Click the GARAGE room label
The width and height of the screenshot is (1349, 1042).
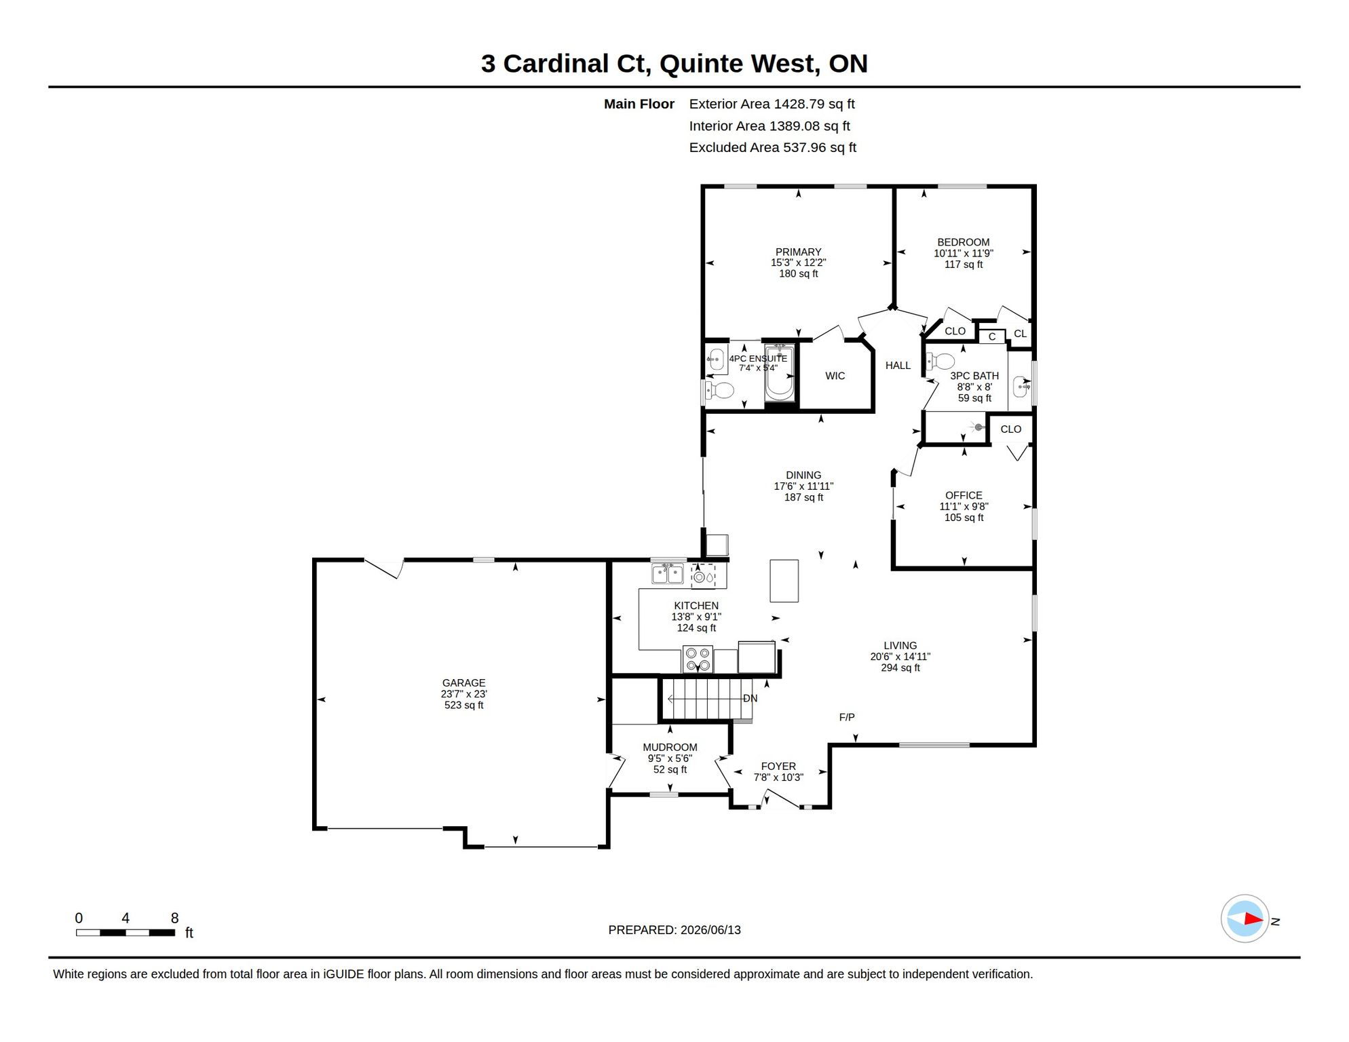point(463,682)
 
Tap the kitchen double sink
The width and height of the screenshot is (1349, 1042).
point(668,574)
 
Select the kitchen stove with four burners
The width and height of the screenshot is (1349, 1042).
point(698,659)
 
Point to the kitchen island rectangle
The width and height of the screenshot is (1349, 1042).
point(784,581)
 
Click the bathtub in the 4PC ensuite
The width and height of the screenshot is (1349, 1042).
point(780,373)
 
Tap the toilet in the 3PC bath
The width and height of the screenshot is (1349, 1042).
point(941,361)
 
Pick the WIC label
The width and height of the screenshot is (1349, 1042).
point(835,376)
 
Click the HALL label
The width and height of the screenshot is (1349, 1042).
point(898,366)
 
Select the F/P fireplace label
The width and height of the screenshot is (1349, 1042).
point(847,717)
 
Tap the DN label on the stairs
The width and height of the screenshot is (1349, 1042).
point(750,698)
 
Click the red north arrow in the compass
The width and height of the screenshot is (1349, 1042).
point(1253,919)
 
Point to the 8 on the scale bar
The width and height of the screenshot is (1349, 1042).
point(174,918)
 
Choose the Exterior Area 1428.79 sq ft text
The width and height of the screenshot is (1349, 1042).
point(772,104)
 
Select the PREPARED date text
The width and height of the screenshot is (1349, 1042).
point(674,930)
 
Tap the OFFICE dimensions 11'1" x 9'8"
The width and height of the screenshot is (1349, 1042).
point(964,506)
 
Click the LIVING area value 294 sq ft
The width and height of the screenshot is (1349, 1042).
point(900,668)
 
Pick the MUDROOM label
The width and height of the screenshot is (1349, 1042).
point(670,747)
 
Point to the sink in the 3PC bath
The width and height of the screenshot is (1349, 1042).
point(1021,387)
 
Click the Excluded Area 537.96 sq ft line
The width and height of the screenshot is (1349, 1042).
point(772,147)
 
